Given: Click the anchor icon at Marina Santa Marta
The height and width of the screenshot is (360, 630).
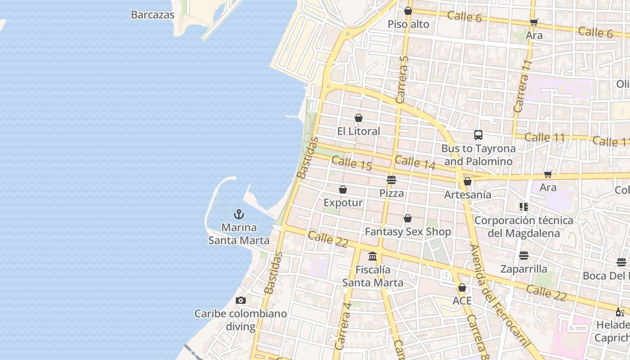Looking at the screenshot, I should (x=239, y=214).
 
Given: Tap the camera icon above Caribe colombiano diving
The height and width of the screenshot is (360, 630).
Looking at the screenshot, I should (x=241, y=300).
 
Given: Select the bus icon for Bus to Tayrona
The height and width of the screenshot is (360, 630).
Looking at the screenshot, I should (x=478, y=135).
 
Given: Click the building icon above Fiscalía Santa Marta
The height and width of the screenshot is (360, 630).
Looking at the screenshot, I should (x=373, y=256).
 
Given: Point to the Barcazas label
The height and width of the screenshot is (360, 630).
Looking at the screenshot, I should (x=153, y=14).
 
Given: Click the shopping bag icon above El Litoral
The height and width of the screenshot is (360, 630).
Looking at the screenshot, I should (x=359, y=118).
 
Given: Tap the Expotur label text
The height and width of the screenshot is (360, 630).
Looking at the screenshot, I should (x=343, y=202).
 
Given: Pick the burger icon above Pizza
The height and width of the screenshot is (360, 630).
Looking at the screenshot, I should (x=391, y=180).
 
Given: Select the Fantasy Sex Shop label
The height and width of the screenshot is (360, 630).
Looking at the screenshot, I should (x=408, y=232).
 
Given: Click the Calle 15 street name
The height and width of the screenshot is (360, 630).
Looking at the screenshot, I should (x=352, y=163).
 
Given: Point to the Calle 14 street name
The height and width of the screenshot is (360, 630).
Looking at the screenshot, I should (x=415, y=162).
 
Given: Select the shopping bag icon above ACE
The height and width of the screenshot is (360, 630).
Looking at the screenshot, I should (x=462, y=288).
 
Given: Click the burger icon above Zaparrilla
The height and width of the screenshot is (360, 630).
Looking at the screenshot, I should (x=524, y=256).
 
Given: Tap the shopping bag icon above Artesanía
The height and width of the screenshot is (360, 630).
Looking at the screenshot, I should (x=468, y=181).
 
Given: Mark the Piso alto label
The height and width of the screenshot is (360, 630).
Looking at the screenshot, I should (x=409, y=24).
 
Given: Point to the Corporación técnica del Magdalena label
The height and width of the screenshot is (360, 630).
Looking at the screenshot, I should (x=524, y=227).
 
